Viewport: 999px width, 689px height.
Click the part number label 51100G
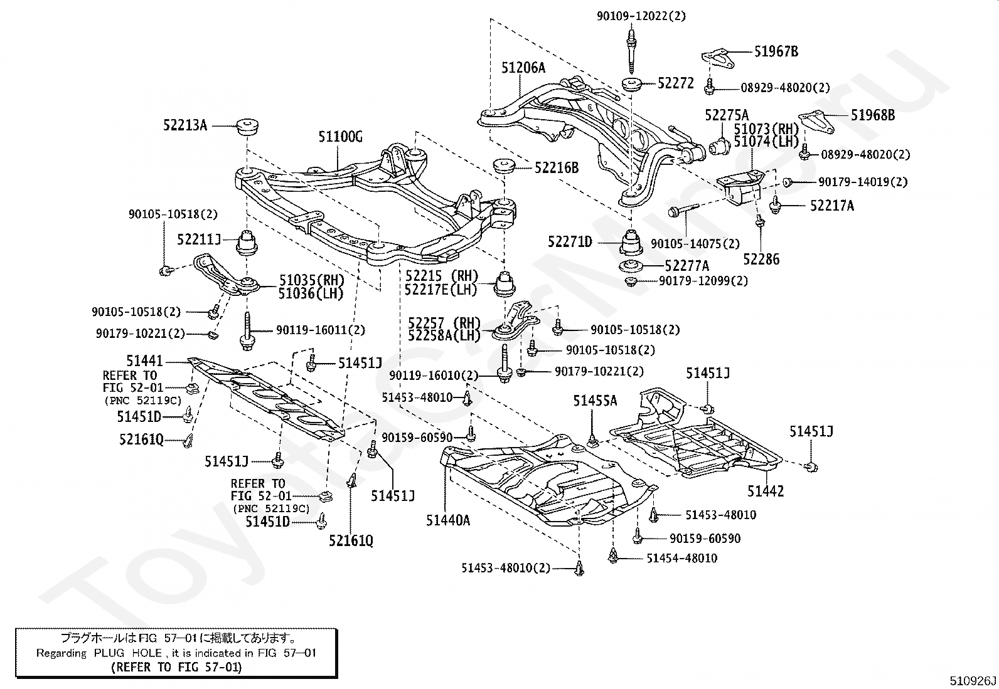tap(340, 137)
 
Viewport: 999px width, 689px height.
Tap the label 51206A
tap(523, 68)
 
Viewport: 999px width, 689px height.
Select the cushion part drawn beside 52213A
tap(247, 127)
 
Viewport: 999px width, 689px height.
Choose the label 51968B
tap(873, 115)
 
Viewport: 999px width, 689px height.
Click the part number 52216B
tap(557, 168)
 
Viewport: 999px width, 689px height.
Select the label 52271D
tap(570, 242)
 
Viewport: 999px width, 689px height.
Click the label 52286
tap(761, 260)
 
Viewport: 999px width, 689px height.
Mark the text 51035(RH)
tap(312, 280)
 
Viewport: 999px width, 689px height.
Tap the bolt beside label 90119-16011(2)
tap(247, 332)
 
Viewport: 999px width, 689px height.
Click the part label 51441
tap(144, 360)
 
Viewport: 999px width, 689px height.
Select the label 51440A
tap(448, 520)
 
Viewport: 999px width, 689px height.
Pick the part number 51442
tap(766, 491)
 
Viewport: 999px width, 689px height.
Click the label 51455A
tap(595, 401)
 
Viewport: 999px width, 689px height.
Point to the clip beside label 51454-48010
tap(613, 555)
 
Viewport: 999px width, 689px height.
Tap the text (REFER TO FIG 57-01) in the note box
tap(176, 667)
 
